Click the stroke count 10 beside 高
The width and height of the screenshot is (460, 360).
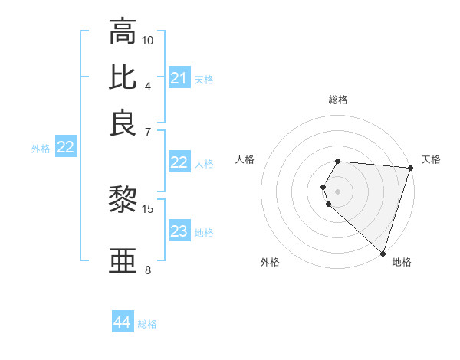tap(148, 40)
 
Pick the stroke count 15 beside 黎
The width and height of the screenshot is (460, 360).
tap(148, 208)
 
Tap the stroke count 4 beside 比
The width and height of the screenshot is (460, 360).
tap(148, 85)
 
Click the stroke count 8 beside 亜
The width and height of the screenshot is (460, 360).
tap(148, 270)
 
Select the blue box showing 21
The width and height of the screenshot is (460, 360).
tap(179, 78)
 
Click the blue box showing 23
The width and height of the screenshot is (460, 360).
tap(179, 232)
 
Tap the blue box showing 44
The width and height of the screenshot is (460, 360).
tap(122, 323)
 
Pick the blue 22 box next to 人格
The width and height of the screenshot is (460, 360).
tap(179, 162)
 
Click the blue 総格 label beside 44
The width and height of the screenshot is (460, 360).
tap(147, 324)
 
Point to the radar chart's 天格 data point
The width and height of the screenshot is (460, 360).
tap(410, 169)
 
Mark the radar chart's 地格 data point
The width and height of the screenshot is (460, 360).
tap(383, 253)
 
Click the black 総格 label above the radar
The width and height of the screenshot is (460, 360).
tap(338, 100)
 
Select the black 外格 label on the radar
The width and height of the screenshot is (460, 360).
tap(270, 262)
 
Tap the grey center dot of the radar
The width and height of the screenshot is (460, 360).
tap(338, 190)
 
